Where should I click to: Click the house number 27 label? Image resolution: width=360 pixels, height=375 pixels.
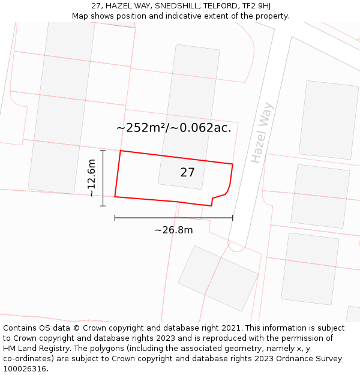[187, 173]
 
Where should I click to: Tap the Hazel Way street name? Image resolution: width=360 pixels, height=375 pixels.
[262, 133]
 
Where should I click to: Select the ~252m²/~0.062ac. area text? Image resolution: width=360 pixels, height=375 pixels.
[173, 128]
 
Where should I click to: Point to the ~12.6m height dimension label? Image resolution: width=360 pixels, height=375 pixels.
[91, 178]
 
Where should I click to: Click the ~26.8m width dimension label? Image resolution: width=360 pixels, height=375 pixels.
[173, 230]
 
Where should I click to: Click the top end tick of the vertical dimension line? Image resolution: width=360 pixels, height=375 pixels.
[103, 151]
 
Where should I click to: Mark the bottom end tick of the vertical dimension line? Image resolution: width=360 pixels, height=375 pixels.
[103, 206]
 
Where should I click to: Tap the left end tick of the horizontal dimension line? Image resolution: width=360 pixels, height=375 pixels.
[115, 218]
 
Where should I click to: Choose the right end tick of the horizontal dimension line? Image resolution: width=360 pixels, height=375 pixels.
[233, 218]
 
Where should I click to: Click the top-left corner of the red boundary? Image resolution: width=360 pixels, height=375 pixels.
[121, 151]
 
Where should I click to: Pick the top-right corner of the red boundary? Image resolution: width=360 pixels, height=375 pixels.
[233, 163]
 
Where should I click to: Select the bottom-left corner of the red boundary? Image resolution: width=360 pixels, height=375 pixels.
[115, 196]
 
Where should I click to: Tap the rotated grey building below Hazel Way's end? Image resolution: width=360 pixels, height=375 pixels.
[218, 278]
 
